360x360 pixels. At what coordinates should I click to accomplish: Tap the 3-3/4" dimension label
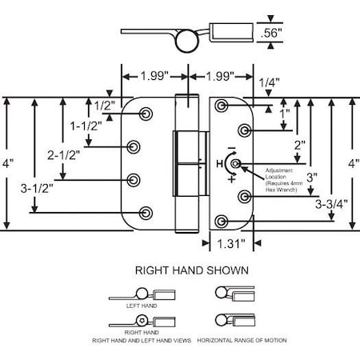[330, 202]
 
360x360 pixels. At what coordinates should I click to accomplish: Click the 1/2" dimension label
[102, 106]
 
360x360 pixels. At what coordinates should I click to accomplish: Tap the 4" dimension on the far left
[8, 162]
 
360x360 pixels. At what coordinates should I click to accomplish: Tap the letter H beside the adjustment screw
[218, 164]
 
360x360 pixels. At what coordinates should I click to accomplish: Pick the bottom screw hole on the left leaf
[146, 212]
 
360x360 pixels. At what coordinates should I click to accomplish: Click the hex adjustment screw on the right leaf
[233, 164]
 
